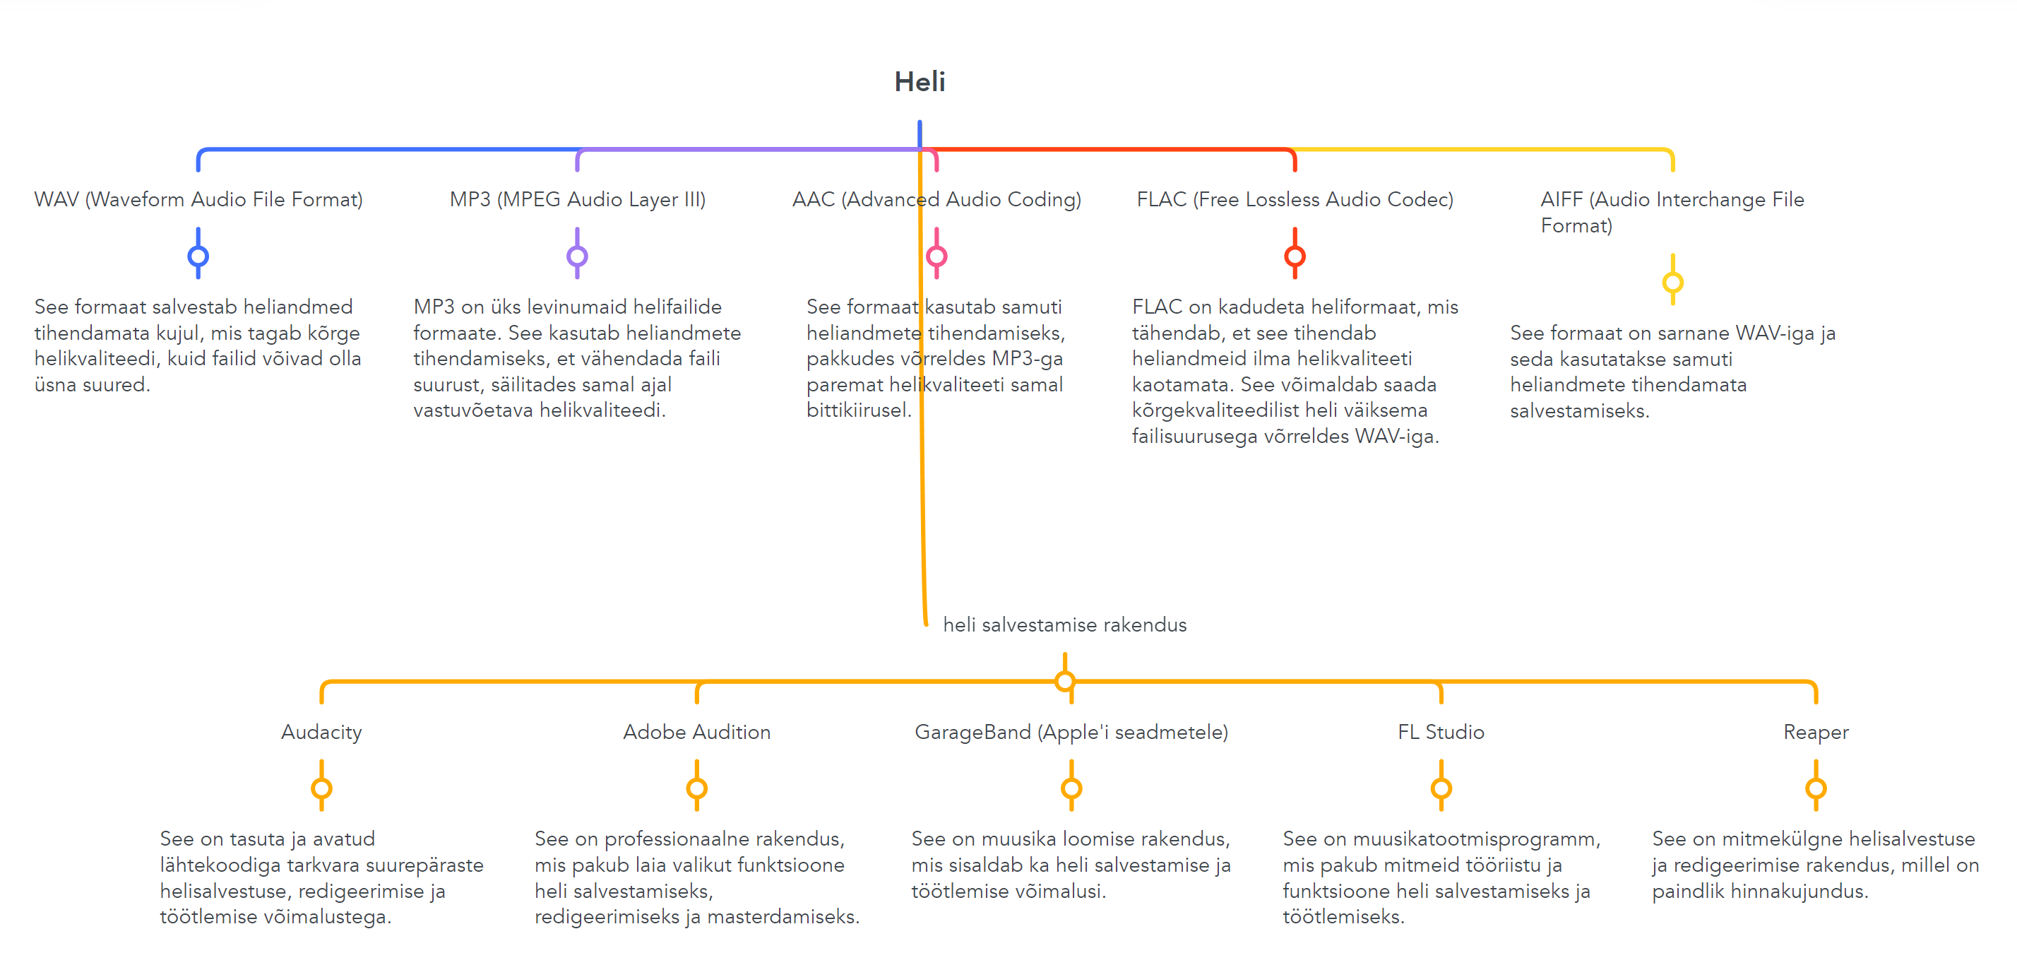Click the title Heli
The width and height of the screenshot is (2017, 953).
(920, 81)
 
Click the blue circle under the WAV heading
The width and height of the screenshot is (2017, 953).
(198, 256)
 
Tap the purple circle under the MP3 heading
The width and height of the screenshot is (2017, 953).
(577, 256)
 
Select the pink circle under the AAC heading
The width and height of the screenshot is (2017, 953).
(936, 256)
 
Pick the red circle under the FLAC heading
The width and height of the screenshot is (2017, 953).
(1295, 256)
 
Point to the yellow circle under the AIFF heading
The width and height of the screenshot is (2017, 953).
(1672, 282)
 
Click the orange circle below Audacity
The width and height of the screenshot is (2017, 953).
(321, 788)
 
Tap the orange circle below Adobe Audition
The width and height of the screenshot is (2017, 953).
(697, 788)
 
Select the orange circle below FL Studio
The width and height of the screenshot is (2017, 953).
(1441, 788)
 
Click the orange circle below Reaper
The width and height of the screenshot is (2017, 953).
(1816, 788)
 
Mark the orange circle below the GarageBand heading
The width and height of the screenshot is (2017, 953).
(1071, 788)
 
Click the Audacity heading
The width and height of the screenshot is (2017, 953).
(321, 732)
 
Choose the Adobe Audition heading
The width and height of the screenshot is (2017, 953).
(697, 732)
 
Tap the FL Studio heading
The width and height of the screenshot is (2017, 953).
(1441, 732)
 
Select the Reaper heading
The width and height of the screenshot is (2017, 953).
(1816, 732)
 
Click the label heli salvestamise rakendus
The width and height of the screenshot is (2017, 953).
(1064, 625)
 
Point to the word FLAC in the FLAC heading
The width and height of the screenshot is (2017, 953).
(1161, 200)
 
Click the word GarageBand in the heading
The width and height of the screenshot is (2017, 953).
(972, 732)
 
